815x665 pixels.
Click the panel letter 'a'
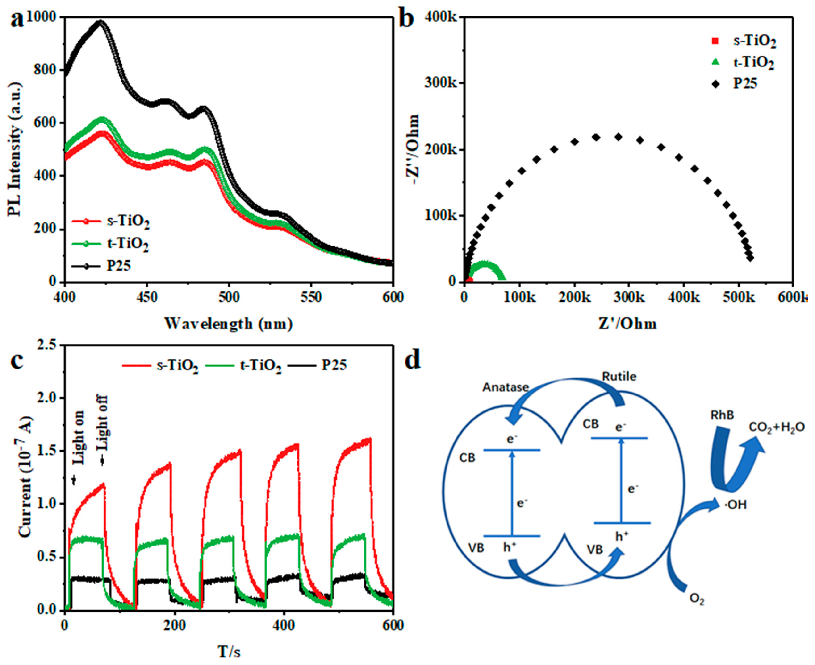(17, 20)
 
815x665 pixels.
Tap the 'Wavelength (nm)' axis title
(229, 324)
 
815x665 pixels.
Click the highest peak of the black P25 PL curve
(100, 22)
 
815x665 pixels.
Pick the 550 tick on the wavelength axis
(311, 297)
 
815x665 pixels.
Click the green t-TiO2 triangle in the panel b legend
(715, 62)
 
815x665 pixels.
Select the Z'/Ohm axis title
(627, 324)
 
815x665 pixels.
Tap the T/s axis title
(229, 651)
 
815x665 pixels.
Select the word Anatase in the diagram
(505, 387)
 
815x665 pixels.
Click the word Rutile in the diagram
(619, 377)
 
